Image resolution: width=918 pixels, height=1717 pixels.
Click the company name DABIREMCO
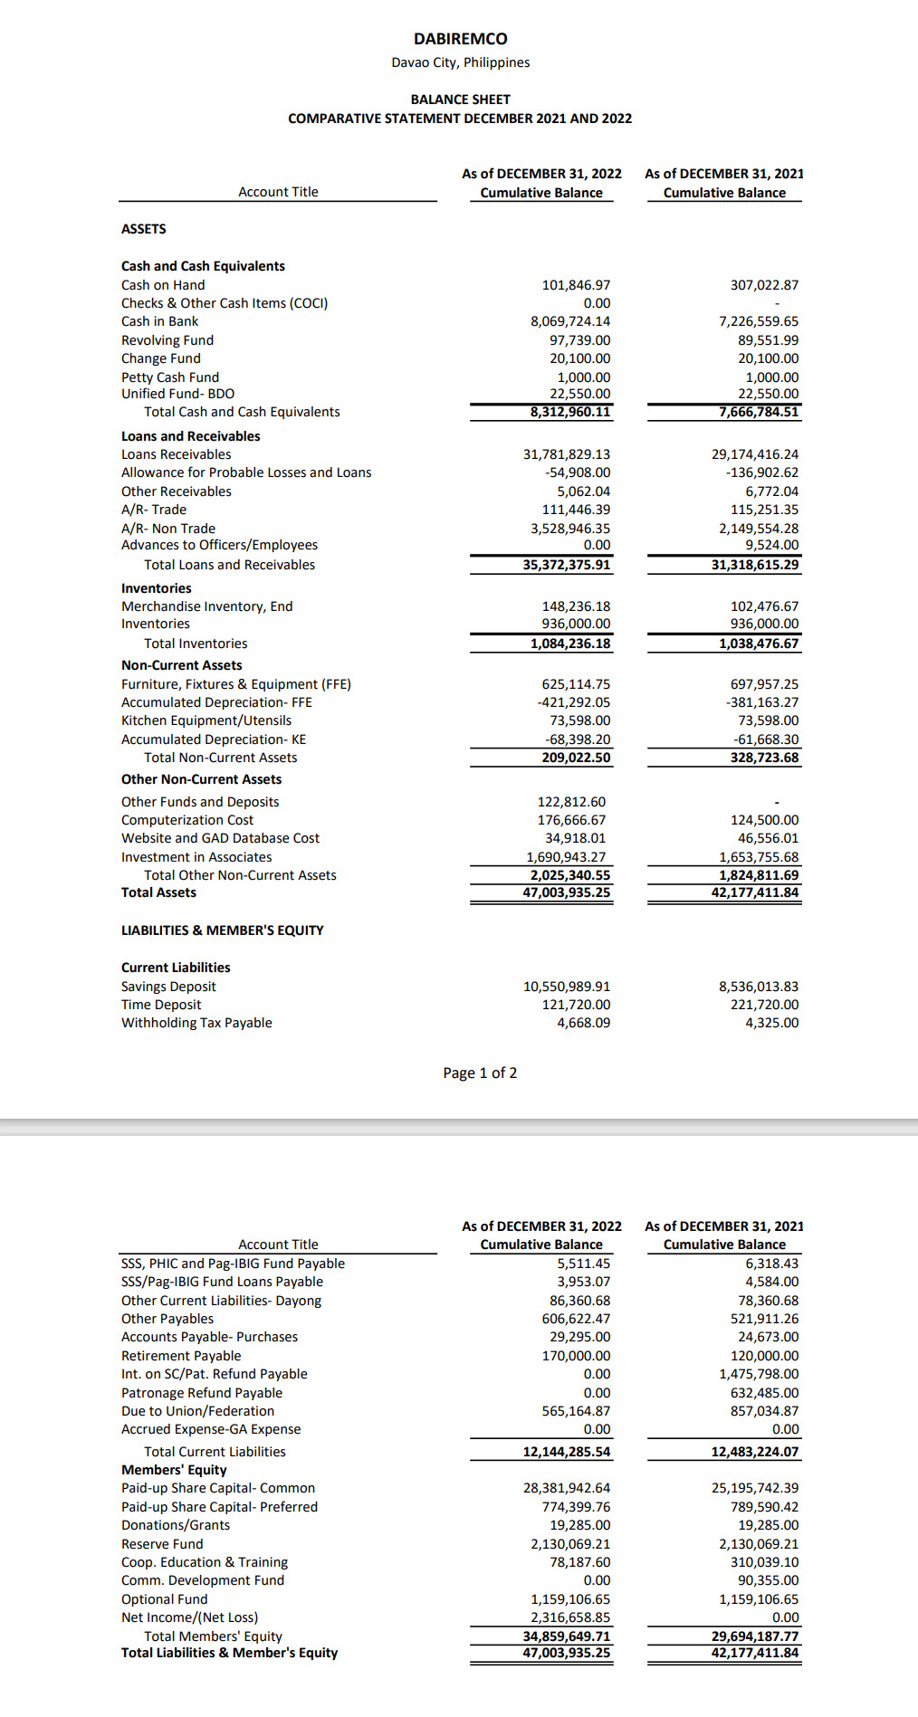pyautogui.click(x=460, y=39)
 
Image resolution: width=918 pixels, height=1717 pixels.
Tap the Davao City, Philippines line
pyautogui.click(x=460, y=62)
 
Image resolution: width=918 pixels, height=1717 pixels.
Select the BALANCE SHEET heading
pyautogui.click(x=460, y=100)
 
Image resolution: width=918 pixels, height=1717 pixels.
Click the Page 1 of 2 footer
pyautogui.click(x=480, y=1073)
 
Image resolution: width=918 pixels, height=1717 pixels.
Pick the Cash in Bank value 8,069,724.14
pyautogui.click(x=570, y=321)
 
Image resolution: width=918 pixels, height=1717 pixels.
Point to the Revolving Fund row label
pyautogui.click(x=167, y=340)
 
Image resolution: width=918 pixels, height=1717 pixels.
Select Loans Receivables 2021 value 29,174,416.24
pyautogui.click(x=755, y=454)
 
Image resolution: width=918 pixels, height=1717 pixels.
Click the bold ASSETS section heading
pyautogui.click(x=144, y=229)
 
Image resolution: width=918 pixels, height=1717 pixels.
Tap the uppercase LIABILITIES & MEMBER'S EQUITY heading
pyautogui.click(x=222, y=930)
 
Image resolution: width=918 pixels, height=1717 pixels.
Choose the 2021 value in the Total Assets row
pyautogui.click(x=755, y=892)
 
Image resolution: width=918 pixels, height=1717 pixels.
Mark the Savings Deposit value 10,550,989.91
pyautogui.click(x=567, y=987)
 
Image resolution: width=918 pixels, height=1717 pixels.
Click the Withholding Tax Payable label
pyautogui.click(x=196, y=1023)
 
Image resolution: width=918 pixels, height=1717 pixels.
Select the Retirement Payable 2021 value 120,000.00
pyautogui.click(x=764, y=1356)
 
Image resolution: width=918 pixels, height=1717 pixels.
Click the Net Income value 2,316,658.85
pyautogui.click(x=570, y=1617)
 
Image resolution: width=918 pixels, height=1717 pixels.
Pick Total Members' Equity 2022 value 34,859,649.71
pyautogui.click(x=567, y=1636)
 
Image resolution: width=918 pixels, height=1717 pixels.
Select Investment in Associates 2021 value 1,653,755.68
pyautogui.click(x=759, y=857)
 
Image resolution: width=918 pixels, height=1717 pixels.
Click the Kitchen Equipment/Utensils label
pyautogui.click(x=206, y=720)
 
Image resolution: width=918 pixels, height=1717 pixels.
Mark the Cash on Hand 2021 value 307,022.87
pyautogui.click(x=764, y=285)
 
